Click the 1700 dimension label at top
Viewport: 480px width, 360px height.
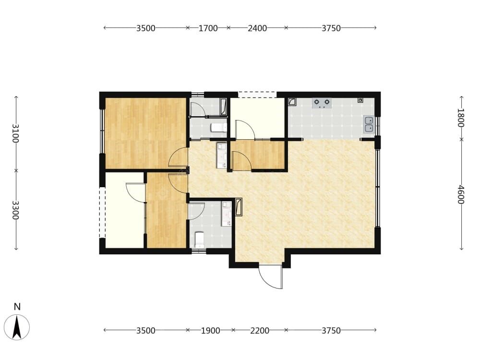(208, 28)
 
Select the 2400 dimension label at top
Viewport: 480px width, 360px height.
(257, 28)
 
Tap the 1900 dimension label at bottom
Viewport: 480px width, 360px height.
(210, 331)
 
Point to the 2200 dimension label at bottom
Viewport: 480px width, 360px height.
(260, 331)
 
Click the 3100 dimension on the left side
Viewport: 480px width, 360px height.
(16, 133)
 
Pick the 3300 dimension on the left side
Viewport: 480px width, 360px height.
(16, 210)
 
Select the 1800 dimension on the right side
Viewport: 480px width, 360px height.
(461, 118)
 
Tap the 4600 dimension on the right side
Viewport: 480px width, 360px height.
(461, 195)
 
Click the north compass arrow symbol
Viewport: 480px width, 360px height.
(17, 327)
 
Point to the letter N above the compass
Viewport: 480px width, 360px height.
(17, 307)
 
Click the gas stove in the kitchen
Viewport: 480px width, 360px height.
(322, 103)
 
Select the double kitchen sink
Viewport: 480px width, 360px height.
(369, 124)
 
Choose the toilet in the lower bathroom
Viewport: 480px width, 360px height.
(200, 240)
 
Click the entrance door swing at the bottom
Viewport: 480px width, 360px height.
(271, 276)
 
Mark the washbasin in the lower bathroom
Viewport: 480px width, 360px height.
(227, 214)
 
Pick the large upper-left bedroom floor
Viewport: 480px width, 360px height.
(146, 133)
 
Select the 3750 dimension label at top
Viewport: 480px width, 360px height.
(331, 28)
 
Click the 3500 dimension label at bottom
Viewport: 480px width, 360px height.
(146, 331)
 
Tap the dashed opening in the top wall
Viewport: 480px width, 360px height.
(257, 95)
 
